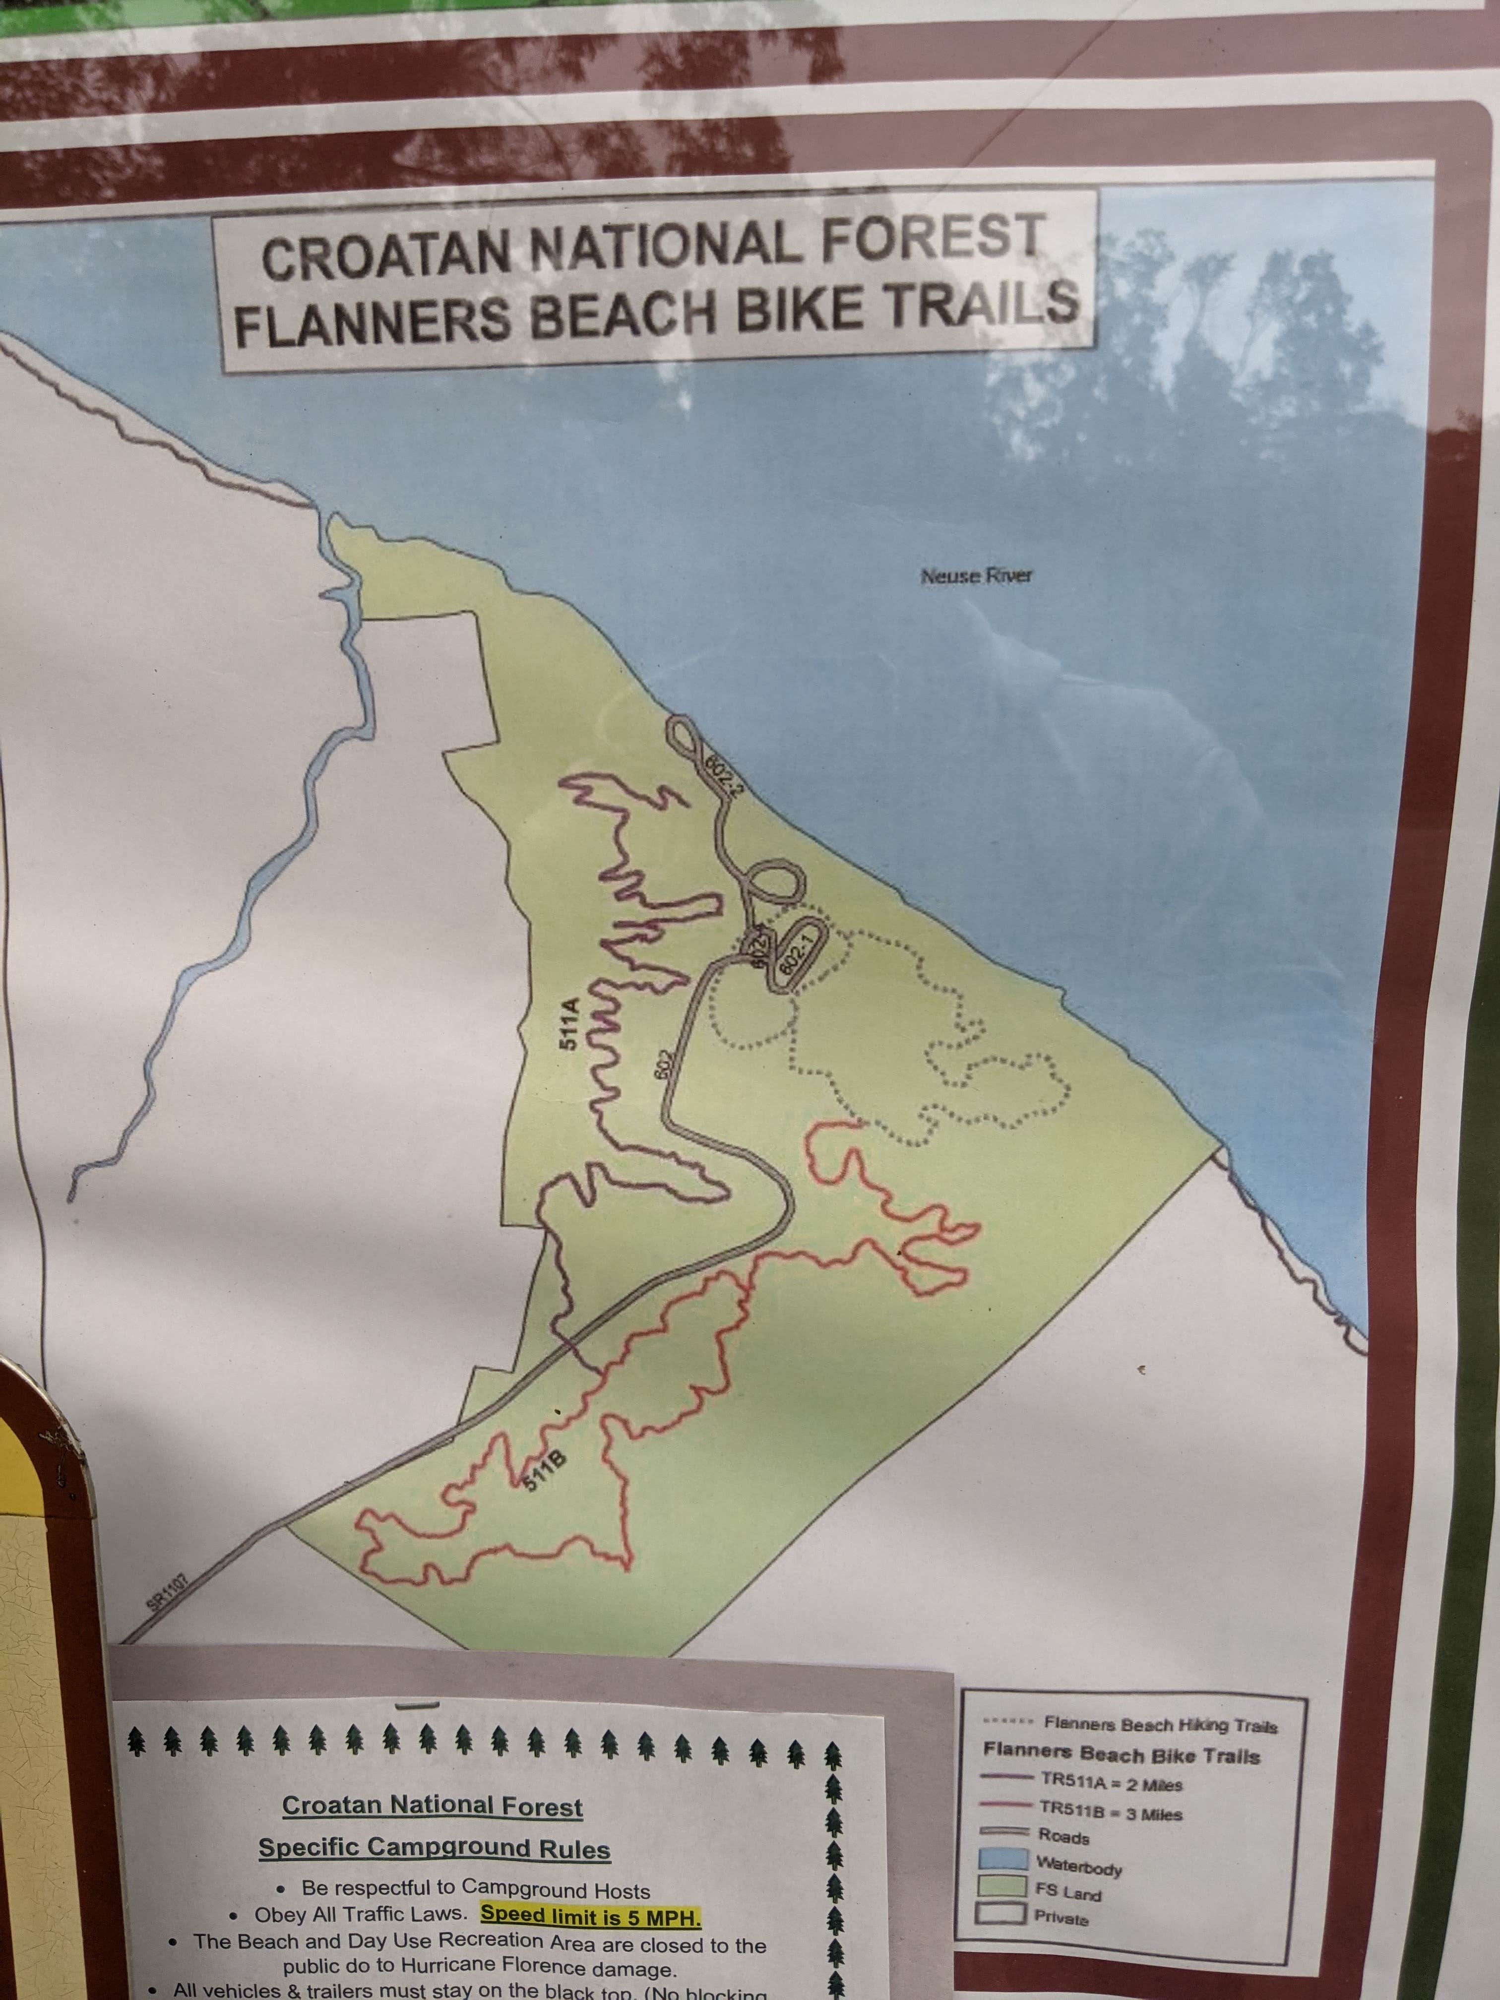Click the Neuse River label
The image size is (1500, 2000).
click(x=976, y=575)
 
